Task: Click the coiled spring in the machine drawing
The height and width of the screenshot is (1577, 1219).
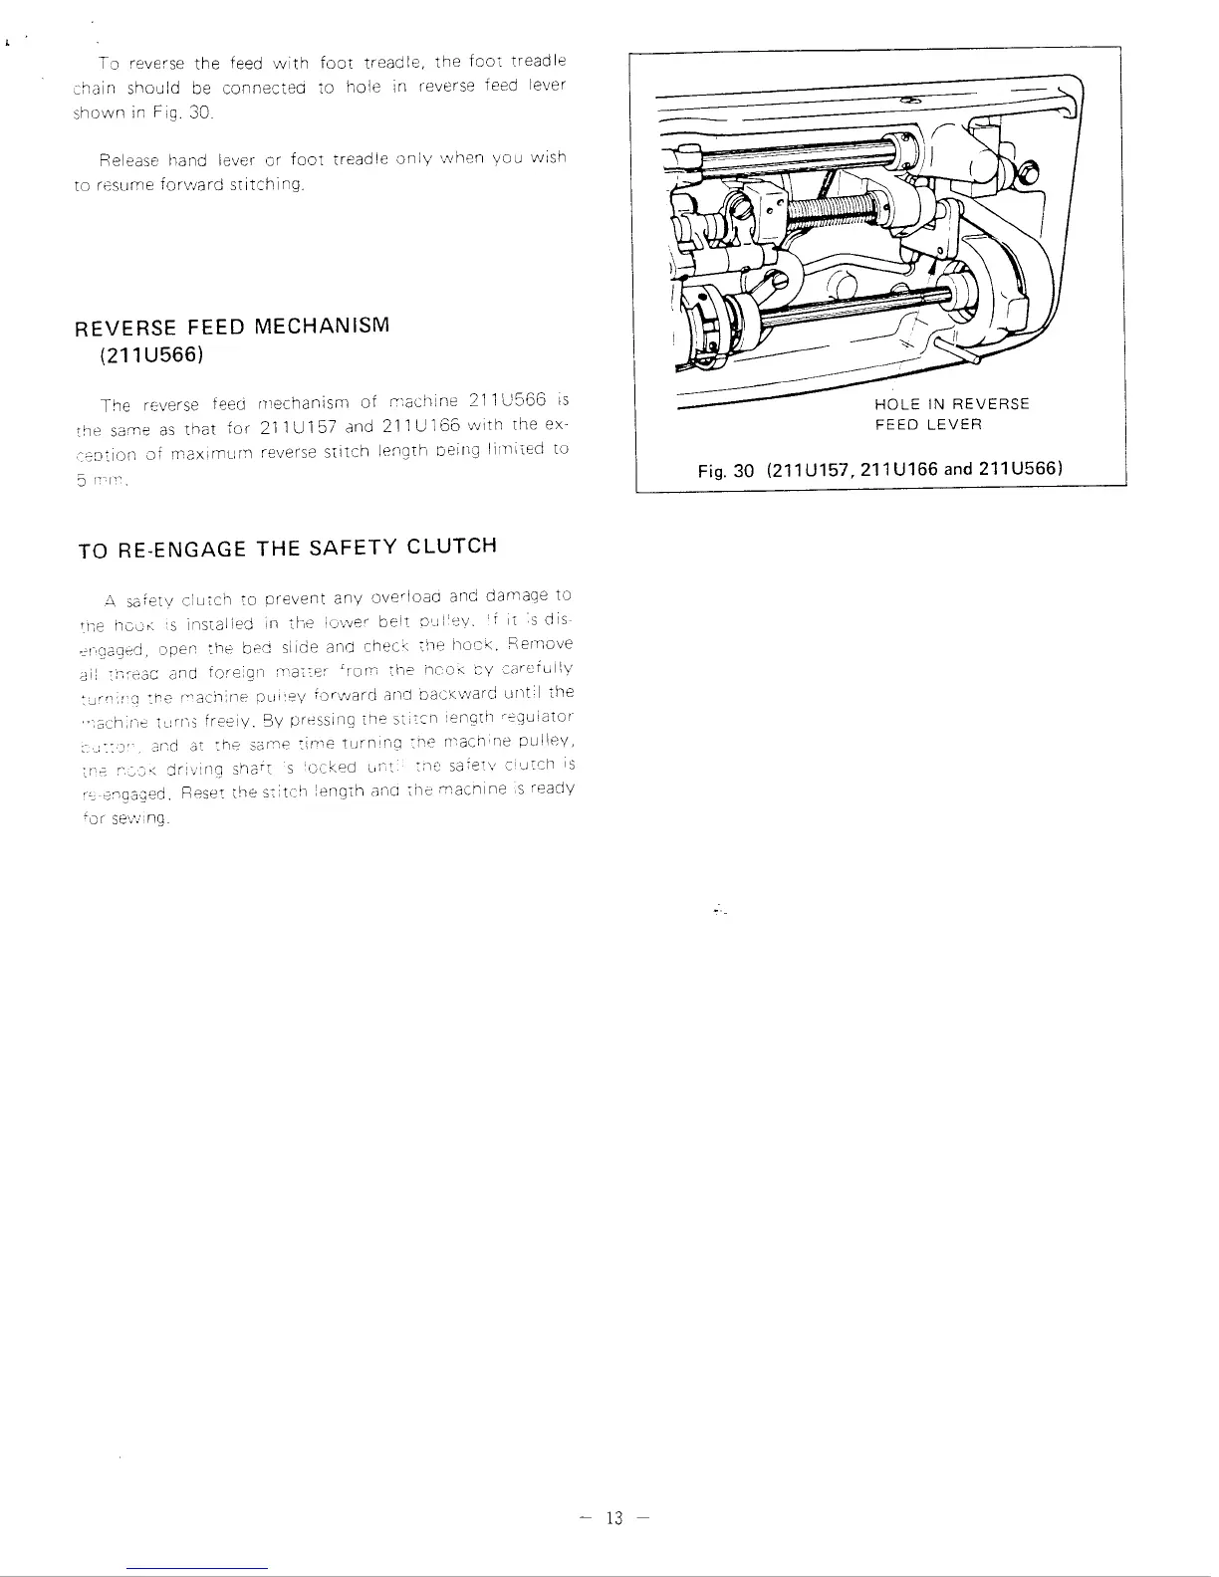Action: pos(847,212)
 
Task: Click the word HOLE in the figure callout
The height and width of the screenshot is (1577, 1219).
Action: pos(895,404)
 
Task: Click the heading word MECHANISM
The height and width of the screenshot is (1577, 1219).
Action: pos(322,327)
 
